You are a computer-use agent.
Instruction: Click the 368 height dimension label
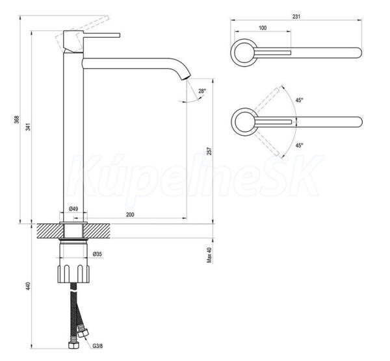pyautogui.click(x=17, y=119)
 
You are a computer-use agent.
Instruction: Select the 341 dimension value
pyautogui.click(x=28, y=127)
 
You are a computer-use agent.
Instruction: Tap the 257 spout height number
pyautogui.click(x=210, y=151)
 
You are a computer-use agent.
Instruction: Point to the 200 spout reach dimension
pyautogui.click(x=130, y=215)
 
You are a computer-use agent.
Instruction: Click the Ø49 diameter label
pyautogui.click(x=73, y=208)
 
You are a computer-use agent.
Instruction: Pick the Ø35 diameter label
pyautogui.click(x=97, y=254)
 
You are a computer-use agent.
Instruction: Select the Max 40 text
pyautogui.click(x=209, y=255)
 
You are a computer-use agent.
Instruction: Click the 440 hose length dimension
pyautogui.click(x=28, y=286)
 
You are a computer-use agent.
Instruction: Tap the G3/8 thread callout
pyautogui.click(x=97, y=346)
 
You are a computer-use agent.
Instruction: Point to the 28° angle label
pyautogui.click(x=202, y=91)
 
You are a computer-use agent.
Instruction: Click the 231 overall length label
pyautogui.click(x=296, y=16)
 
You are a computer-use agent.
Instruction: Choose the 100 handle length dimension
pyautogui.click(x=263, y=28)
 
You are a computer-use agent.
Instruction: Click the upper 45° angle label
pyautogui.click(x=300, y=100)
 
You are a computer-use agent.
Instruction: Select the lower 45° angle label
pyautogui.click(x=300, y=145)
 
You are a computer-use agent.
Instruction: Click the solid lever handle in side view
pyautogui.click(x=101, y=35)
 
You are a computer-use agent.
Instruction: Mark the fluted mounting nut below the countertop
pyautogui.click(x=73, y=273)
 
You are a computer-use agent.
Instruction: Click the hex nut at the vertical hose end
pyautogui.click(x=73, y=345)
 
